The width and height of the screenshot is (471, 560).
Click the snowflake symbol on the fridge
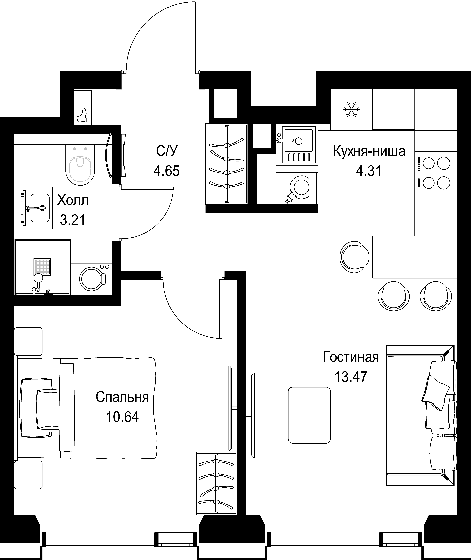(x=351, y=109)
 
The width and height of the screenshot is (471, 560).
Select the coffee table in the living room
(x=309, y=415)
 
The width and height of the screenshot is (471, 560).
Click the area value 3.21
(x=73, y=220)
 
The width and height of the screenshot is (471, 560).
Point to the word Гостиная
(x=351, y=357)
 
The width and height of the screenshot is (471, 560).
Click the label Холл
(x=73, y=201)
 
